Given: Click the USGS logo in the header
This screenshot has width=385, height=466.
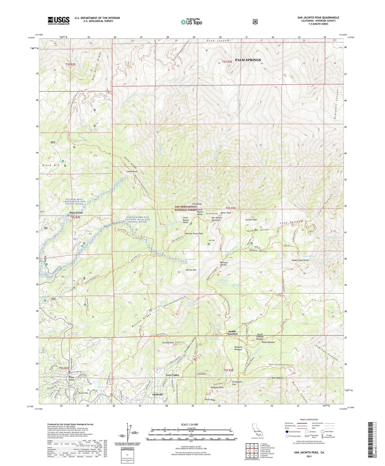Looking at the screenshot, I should tap(59, 21).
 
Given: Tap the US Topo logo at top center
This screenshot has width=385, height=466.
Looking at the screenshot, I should tap(192, 22).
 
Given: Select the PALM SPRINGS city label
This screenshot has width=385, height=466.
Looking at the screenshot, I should tap(248, 60).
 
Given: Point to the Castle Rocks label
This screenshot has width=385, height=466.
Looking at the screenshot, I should tap(132, 171).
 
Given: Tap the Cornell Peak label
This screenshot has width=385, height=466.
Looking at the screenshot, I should tap(251, 220).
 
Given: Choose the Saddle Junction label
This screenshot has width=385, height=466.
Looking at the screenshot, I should tap(232, 333).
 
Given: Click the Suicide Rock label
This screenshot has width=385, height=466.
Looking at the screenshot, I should tap(168, 342).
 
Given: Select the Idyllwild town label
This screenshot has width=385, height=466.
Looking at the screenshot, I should tap(157, 394).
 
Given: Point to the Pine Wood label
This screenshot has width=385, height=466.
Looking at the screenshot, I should tap(76, 213).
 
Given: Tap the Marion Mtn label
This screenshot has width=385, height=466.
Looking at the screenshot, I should tap(191, 270).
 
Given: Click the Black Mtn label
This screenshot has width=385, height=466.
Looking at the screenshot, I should tap(51, 165).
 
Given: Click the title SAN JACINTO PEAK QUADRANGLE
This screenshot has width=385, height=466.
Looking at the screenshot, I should tap(318, 18).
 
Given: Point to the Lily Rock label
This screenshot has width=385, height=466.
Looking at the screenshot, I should tap(201, 374).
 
